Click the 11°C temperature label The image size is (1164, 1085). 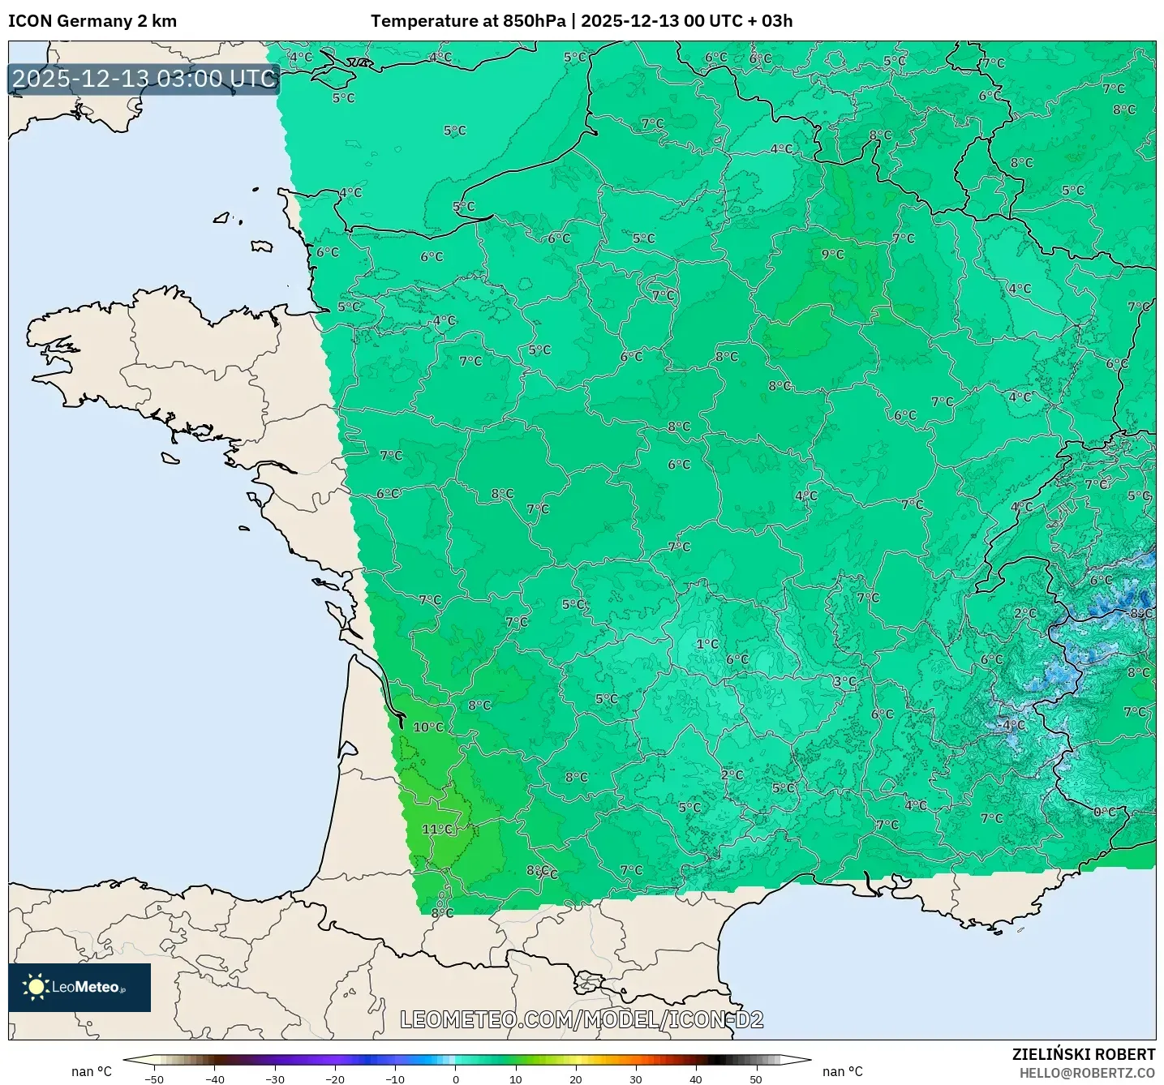pyautogui.click(x=437, y=829)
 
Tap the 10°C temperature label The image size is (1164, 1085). pyautogui.click(x=428, y=727)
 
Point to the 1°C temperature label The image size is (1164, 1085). pyautogui.click(x=707, y=644)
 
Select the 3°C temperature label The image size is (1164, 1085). pyautogui.click(x=844, y=681)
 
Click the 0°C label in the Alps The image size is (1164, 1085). pyautogui.click(x=1104, y=812)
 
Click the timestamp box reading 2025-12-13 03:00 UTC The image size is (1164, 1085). pyautogui.click(x=144, y=79)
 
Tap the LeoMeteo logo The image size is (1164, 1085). pyautogui.click(x=79, y=987)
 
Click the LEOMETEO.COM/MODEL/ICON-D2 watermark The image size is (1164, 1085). pyautogui.click(x=582, y=1019)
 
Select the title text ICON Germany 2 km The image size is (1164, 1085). pyautogui.click(x=92, y=21)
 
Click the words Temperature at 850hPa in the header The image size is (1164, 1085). pyautogui.click(x=468, y=21)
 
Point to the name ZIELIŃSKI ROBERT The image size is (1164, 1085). pyautogui.click(x=1083, y=1054)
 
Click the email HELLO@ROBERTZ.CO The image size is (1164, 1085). pyautogui.click(x=1087, y=1073)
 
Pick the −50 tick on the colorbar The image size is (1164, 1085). pyautogui.click(x=154, y=1079)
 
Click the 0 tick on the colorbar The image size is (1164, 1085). pyautogui.click(x=455, y=1079)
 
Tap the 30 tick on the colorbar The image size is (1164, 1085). pyautogui.click(x=635, y=1079)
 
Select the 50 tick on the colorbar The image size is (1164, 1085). pyautogui.click(x=755, y=1079)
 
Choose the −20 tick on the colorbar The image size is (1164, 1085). pyautogui.click(x=334, y=1079)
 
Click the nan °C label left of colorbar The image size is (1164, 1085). pyautogui.click(x=92, y=1071)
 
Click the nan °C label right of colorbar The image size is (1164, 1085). pyautogui.click(x=842, y=1071)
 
